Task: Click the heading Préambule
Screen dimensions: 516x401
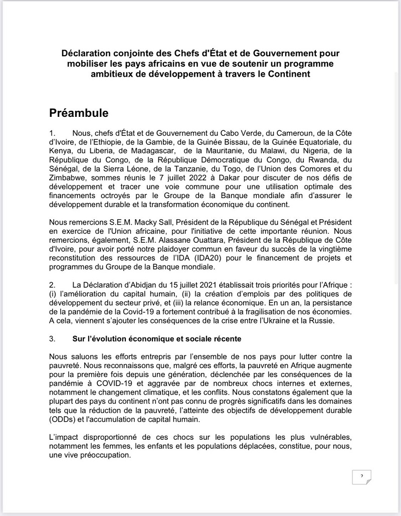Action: (79, 112)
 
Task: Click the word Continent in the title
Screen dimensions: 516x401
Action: (289, 74)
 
